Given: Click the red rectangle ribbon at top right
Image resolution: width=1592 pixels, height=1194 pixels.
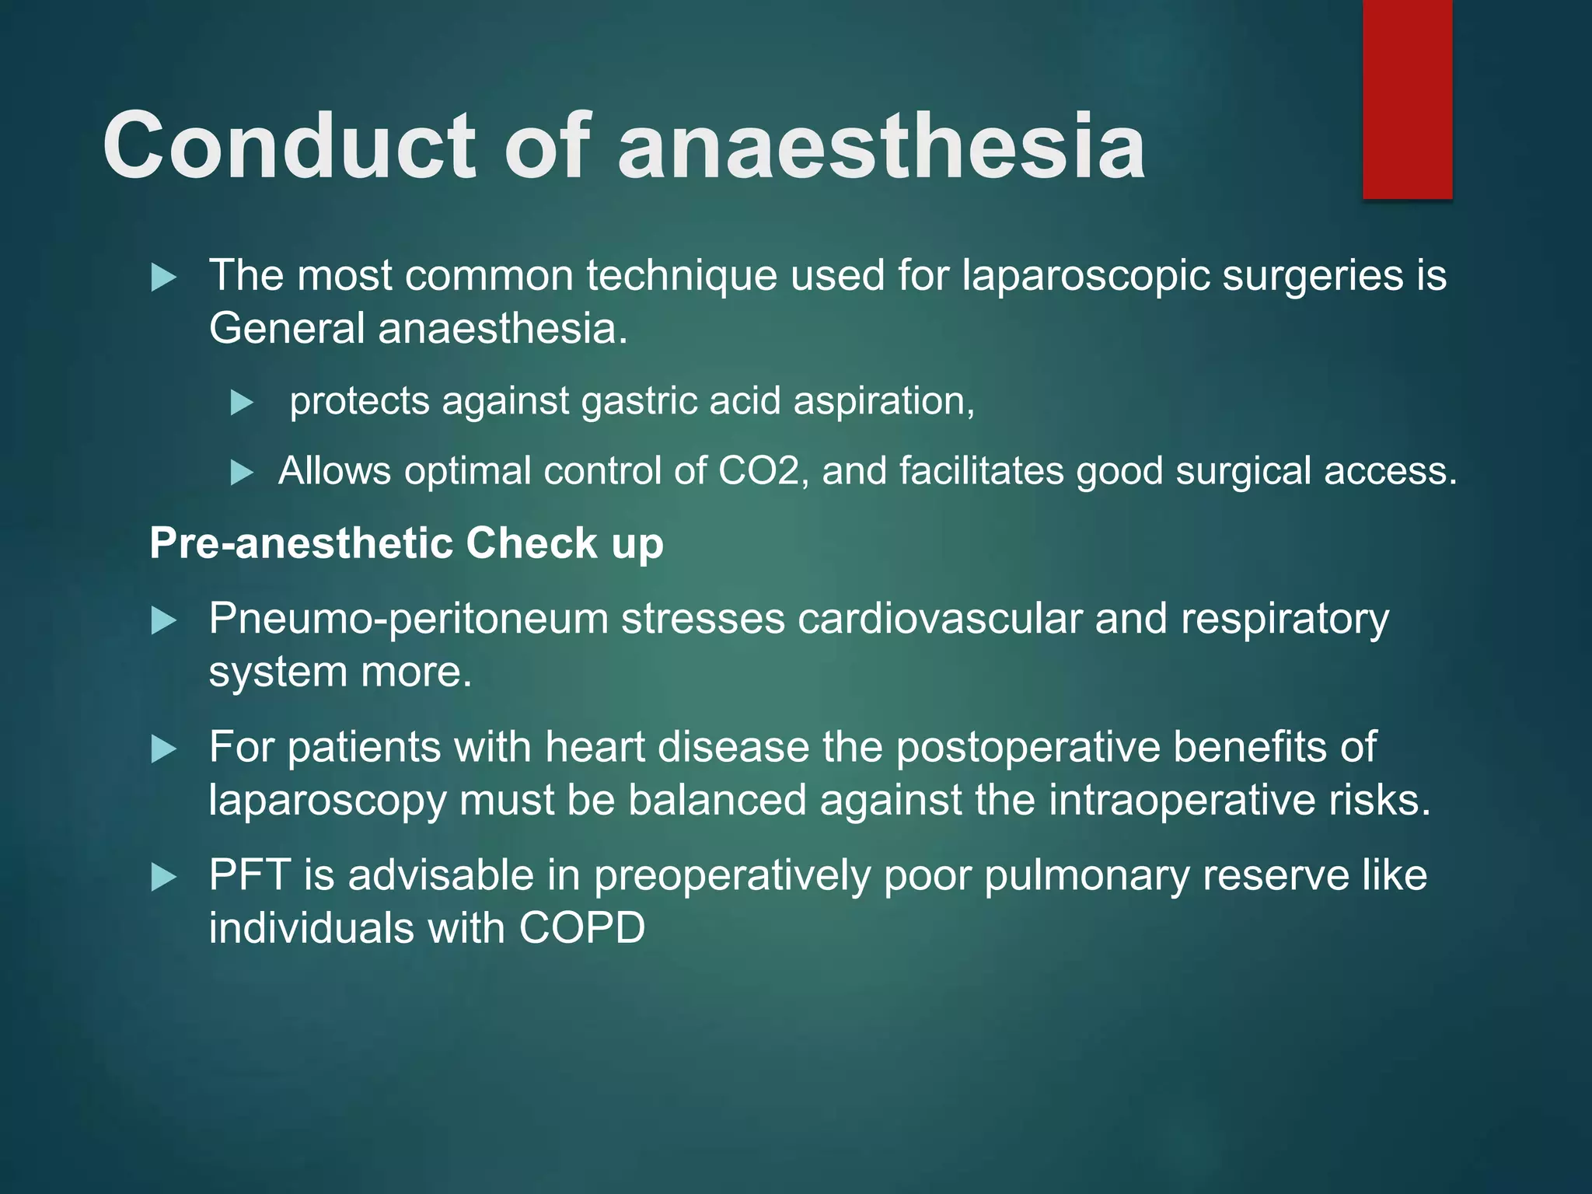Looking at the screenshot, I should coord(1407,99).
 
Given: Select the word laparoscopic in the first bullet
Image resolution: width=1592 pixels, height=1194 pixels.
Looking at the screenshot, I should coord(1085,277).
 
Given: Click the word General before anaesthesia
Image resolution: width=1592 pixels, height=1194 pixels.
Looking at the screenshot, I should coord(287,329).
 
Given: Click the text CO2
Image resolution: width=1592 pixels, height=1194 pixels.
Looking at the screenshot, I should coord(759,471).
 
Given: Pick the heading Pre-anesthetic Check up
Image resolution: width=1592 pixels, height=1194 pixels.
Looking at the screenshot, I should coord(406,543).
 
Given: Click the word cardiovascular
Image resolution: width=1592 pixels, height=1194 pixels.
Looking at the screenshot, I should coord(940,620).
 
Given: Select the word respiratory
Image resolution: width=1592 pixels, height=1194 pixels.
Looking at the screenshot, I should coord(1284,620).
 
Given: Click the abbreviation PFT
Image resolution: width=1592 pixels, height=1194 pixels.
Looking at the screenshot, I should coord(250,876).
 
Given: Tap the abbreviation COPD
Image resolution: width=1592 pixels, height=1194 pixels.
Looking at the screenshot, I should coord(581,929).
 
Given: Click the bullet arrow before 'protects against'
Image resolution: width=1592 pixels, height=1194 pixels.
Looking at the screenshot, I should coord(243,403).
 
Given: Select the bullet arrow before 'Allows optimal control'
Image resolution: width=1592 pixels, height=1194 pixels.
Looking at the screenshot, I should coord(243,473).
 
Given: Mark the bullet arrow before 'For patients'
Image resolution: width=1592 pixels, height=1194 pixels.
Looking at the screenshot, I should coord(163,749).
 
